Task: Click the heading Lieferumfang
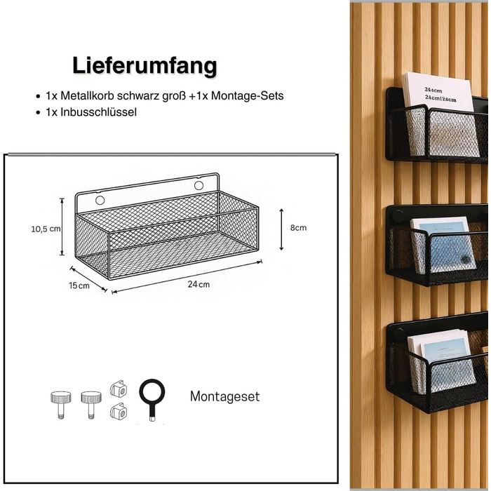pyautogui.click(x=144, y=66)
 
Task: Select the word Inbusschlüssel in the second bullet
pyautogui.click(x=98, y=112)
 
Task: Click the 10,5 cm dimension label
pyautogui.click(x=46, y=229)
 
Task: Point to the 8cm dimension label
pyautogui.click(x=298, y=228)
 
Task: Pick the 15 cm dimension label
pyautogui.click(x=79, y=285)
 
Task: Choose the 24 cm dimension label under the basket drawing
pyautogui.click(x=199, y=284)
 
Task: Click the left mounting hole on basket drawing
pyautogui.click(x=100, y=200)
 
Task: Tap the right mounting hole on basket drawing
pyautogui.click(x=199, y=185)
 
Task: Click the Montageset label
pyautogui.click(x=225, y=396)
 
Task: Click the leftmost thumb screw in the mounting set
pyautogui.click(x=61, y=405)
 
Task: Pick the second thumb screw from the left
pyautogui.click(x=91, y=405)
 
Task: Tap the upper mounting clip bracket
pyautogui.click(x=119, y=389)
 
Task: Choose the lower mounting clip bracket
pyautogui.click(x=119, y=411)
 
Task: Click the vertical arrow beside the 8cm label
pyautogui.click(x=281, y=229)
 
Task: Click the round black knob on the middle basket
pyautogui.click(x=398, y=216)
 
